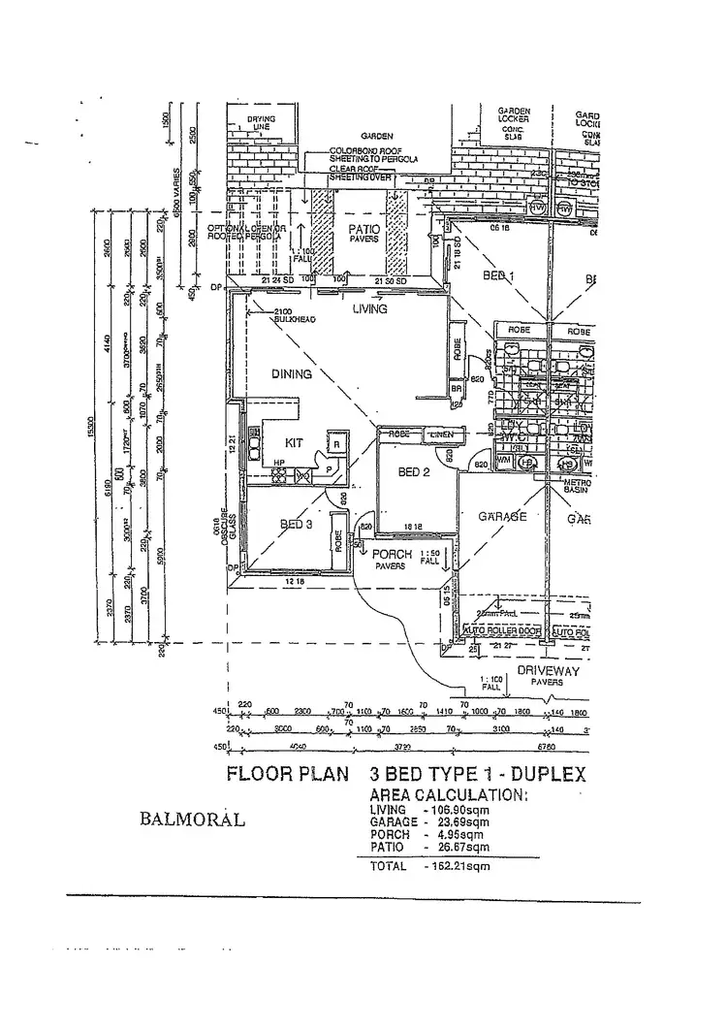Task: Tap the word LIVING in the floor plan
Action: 369,309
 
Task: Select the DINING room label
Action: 292,374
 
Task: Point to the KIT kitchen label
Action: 296,442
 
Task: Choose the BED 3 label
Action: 296,525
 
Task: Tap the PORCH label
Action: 392,555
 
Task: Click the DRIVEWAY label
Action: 548,670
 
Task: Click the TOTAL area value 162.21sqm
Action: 458,867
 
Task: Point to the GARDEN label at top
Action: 376,137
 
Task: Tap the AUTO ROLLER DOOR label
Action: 501,631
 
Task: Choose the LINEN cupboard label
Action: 442,434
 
